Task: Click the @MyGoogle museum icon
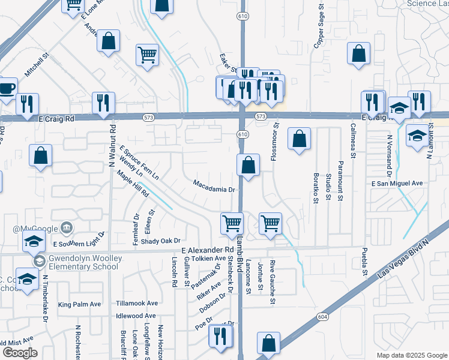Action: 66,228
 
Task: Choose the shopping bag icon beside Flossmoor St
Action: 299,139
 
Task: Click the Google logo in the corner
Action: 20,353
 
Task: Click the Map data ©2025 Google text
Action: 411,355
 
